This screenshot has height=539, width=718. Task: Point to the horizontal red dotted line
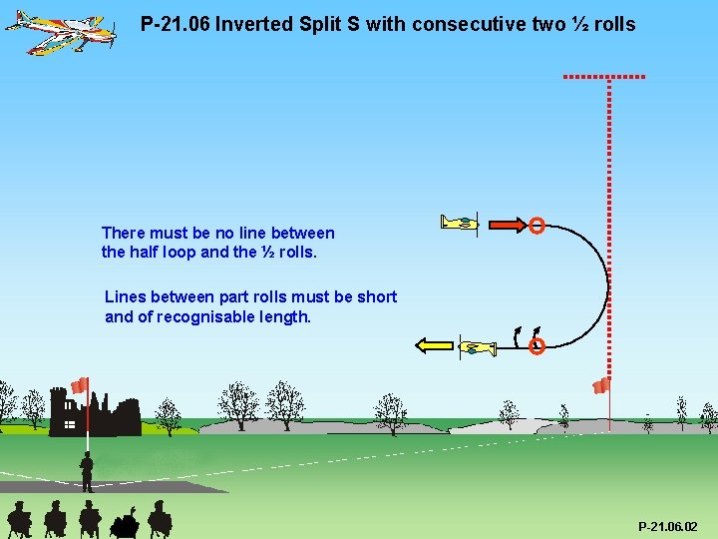(x=604, y=76)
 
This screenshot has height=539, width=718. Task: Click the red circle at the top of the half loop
(x=537, y=226)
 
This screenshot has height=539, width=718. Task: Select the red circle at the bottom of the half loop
(x=537, y=347)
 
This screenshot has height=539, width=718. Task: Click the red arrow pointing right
(x=505, y=225)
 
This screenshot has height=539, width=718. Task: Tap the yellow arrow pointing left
(x=435, y=346)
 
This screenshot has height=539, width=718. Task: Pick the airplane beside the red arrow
(x=462, y=223)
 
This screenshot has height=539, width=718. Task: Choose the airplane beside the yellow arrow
(x=478, y=347)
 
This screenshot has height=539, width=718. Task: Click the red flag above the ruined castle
(x=80, y=385)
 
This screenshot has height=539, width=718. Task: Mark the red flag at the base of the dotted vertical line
(x=600, y=386)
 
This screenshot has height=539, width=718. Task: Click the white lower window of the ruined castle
(x=69, y=425)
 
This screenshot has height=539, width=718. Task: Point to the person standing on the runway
(x=88, y=471)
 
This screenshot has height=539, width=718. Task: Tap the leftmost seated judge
(x=18, y=520)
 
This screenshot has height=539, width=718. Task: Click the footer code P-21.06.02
(x=667, y=526)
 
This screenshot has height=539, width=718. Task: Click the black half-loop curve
(x=606, y=284)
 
